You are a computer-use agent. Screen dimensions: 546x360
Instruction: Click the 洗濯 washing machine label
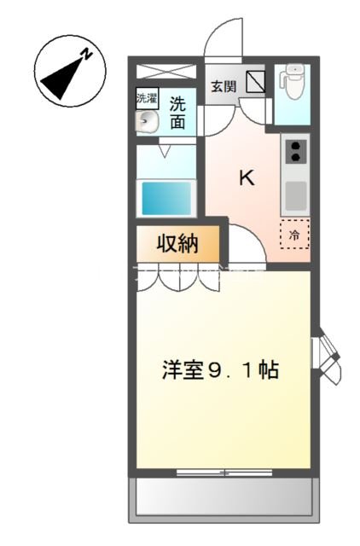point(147,98)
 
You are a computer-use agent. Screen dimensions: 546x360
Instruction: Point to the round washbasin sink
point(147,121)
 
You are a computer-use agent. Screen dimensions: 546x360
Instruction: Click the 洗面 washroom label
point(177,113)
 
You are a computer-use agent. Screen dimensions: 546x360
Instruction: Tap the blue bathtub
point(166,198)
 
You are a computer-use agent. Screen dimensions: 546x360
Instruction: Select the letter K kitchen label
point(246,178)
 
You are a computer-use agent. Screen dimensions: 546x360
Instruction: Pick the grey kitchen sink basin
point(295,197)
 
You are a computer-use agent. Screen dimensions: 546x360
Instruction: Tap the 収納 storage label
point(177,245)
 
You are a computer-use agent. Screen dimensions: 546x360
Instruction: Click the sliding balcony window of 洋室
point(224,472)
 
